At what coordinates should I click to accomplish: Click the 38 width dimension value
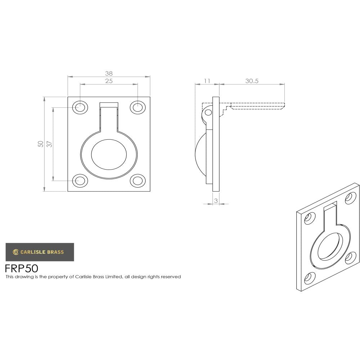click(109, 73)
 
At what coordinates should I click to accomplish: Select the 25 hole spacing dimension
click(109, 81)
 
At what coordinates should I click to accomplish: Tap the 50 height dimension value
click(41, 144)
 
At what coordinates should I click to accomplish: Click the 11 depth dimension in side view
click(207, 81)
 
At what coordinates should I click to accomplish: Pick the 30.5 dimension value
click(252, 81)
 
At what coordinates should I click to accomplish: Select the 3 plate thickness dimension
click(216, 201)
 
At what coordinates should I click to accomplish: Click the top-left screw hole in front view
click(80, 107)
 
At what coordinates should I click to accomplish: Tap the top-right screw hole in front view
click(138, 107)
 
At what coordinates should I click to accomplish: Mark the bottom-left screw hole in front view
click(80, 180)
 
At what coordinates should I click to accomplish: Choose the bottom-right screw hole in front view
click(138, 180)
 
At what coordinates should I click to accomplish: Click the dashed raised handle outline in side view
click(257, 106)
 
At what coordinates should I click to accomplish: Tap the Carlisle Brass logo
click(40, 252)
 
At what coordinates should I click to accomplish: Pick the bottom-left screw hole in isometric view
click(308, 278)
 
